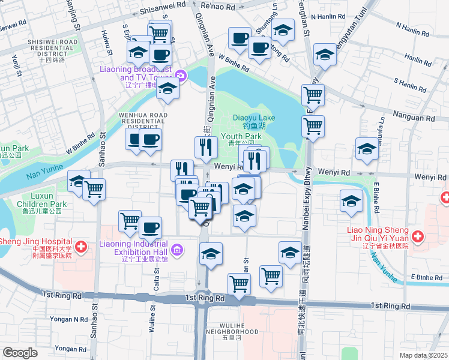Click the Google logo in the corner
[x=20, y=353]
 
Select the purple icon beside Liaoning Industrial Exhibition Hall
[x=176, y=249]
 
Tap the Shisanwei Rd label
[x=162, y=10]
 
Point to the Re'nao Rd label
[x=218, y=5]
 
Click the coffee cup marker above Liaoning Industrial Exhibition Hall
[x=150, y=227]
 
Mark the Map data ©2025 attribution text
[x=424, y=355]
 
